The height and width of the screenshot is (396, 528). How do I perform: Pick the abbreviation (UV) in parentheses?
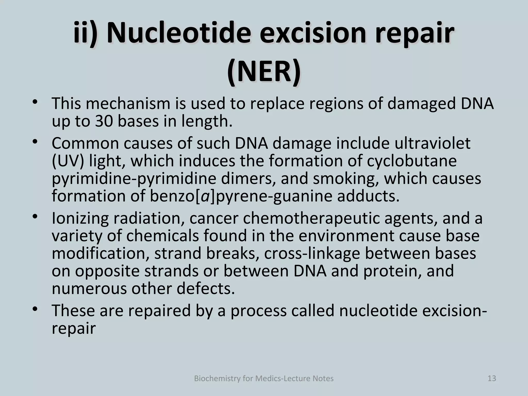tap(68, 161)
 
